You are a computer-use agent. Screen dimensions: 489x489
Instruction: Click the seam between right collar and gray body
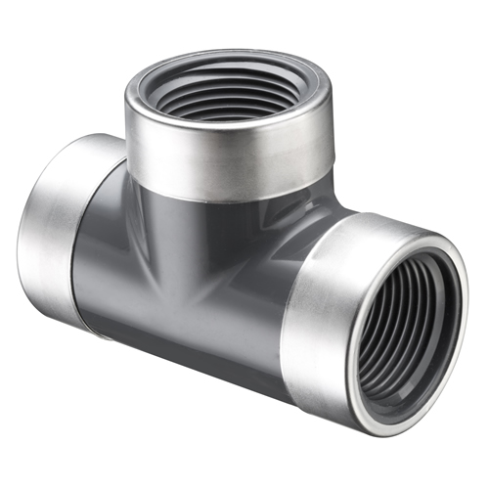click(x=284, y=293)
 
